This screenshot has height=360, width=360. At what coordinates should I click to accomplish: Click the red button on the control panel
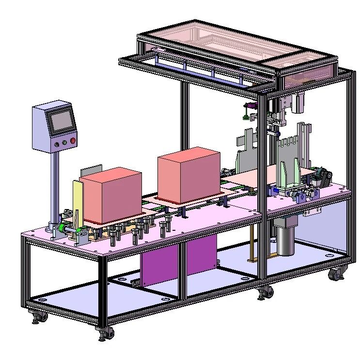(x=73, y=141)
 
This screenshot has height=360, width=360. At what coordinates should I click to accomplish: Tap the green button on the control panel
(x=64, y=143)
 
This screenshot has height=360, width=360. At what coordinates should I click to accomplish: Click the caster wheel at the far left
(x=39, y=316)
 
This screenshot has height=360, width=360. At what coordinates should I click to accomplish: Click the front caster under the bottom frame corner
(x=105, y=332)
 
